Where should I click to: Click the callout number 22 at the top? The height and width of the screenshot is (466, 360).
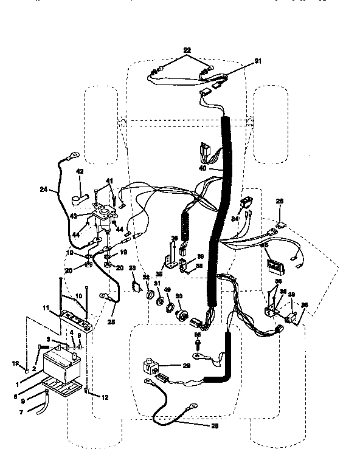pyautogui.click(x=186, y=49)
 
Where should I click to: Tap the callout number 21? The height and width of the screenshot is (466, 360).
pyautogui.click(x=257, y=61)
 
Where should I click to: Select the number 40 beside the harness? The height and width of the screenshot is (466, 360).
pyautogui.click(x=202, y=168)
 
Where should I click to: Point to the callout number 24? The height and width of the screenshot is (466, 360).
pyautogui.click(x=43, y=190)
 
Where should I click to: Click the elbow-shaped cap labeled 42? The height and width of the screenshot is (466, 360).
pyautogui.click(x=77, y=197)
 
